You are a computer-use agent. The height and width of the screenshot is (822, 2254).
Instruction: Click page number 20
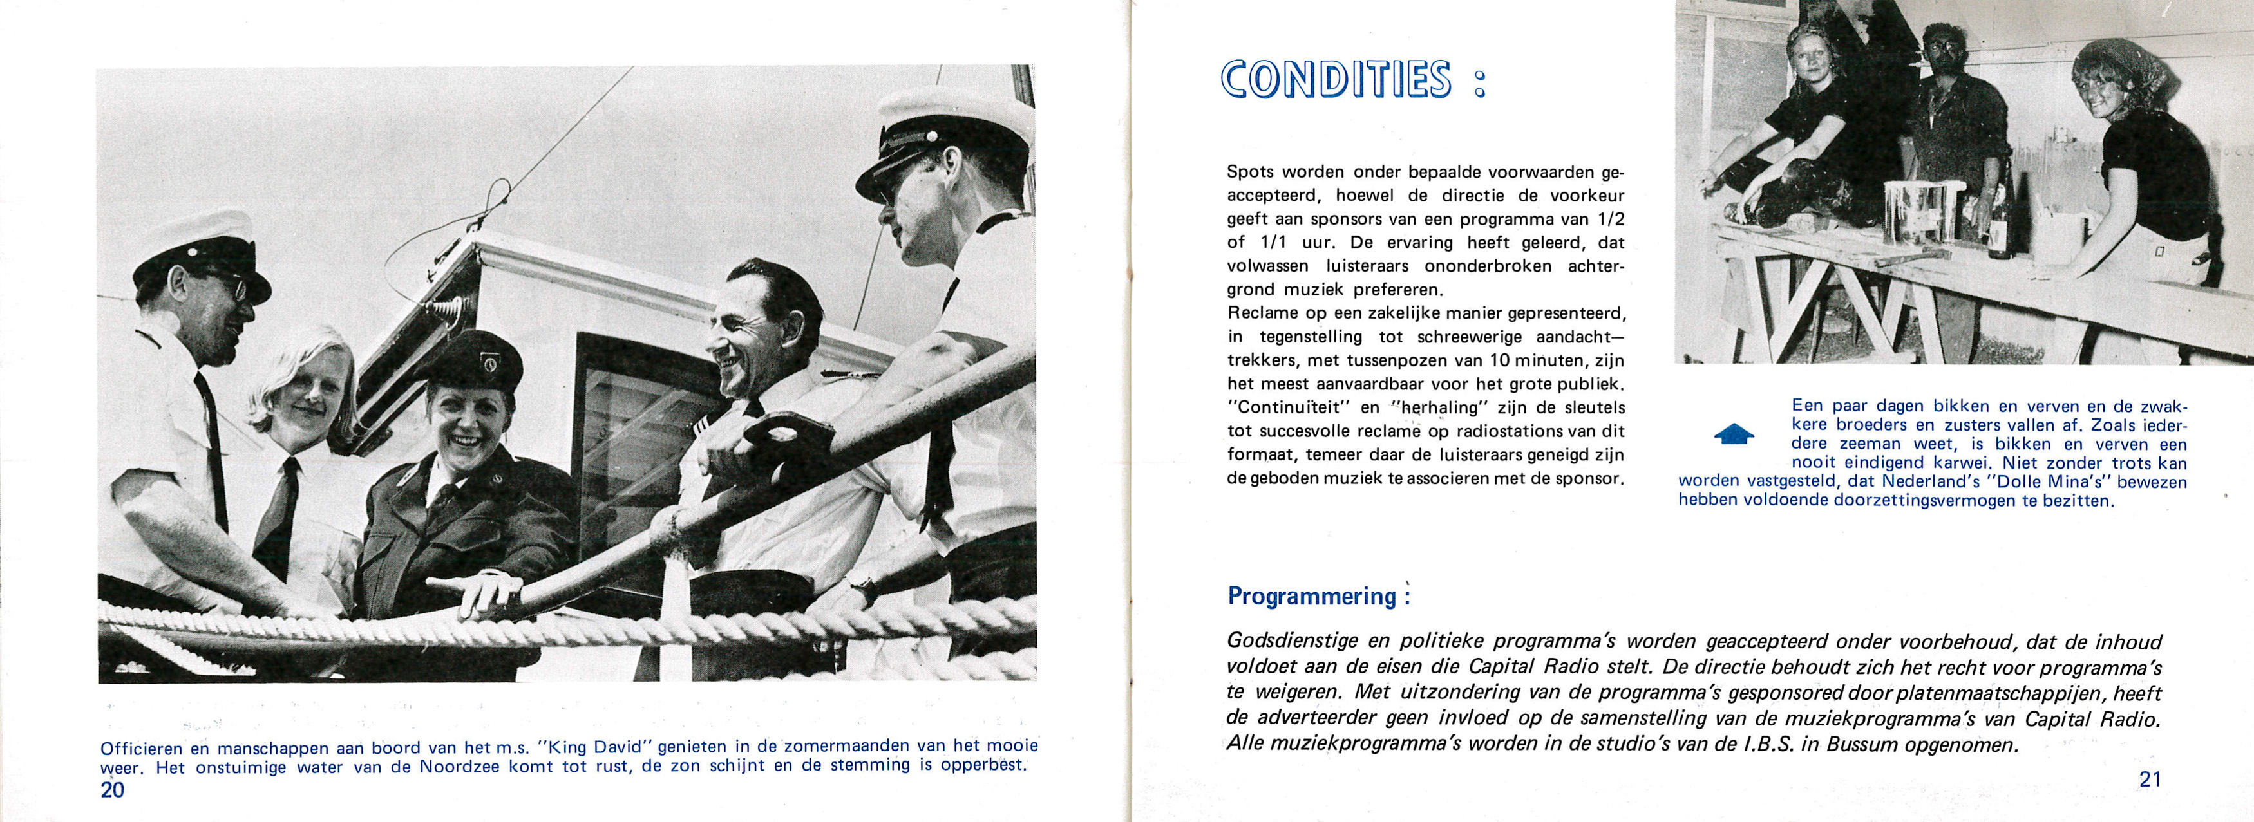click(113, 790)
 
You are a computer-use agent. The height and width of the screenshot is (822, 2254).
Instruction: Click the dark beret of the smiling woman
click(477, 360)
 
